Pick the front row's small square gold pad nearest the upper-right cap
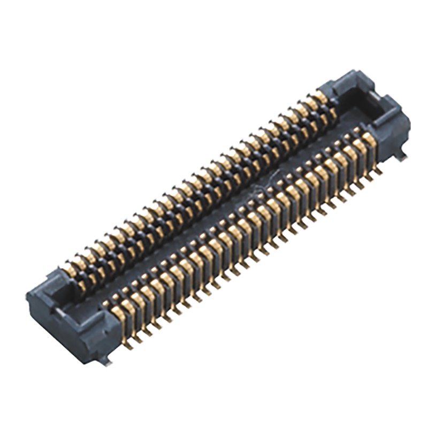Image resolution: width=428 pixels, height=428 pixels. [x=355, y=131]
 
